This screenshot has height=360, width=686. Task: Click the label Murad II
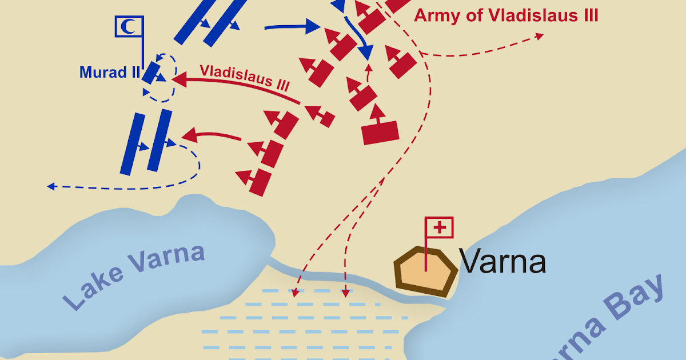click(109, 72)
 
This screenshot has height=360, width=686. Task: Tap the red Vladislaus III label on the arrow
click(245, 77)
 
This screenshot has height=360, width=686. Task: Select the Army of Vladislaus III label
click(506, 15)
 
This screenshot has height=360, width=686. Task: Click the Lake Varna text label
click(134, 278)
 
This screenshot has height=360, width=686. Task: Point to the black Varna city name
click(502, 262)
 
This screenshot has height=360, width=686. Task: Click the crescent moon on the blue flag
click(129, 26)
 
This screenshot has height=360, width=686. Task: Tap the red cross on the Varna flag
click(440, 228)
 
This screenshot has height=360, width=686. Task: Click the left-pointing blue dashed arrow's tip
click(50, 186)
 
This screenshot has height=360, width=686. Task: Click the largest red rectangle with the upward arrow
click(380, 132)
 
